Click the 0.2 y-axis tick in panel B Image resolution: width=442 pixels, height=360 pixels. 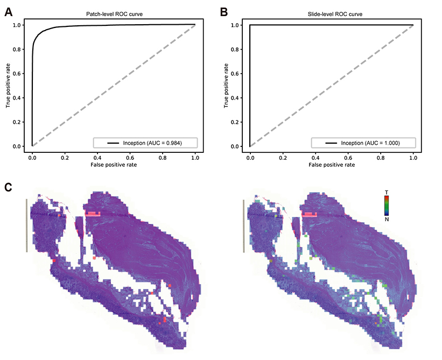(x=237, y=122)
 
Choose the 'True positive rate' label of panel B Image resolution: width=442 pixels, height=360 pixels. (x=227, y=86)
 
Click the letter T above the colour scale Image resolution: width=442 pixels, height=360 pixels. (x=386, y=192)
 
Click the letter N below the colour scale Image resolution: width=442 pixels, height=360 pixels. (x=386, y=218)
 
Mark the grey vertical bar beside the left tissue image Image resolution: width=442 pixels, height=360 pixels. (x=25, y=225)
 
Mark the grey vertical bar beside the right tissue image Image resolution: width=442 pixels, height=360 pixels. (x=244, y=225)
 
